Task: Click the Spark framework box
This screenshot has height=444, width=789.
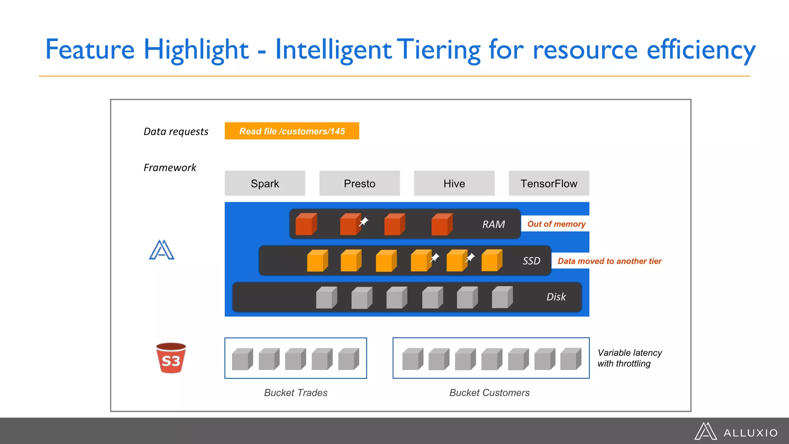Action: pyautogui.click(x=265, y=183)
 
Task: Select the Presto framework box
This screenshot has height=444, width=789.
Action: pyautogui.click(x=359, y=183)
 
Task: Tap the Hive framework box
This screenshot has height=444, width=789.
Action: pyautogui.click(x=454, y=183)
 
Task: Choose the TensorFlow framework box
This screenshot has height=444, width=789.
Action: pyautogui.click(x=549, y=183)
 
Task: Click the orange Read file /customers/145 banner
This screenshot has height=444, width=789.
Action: pyautogui.click(x=292, y=131)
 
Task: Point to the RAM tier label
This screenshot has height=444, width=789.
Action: pyautogui.click(x=494, y=224)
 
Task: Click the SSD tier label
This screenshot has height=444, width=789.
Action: pyautogui.click(x=531, y=261)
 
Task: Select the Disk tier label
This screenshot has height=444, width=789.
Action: pyautogui.click(x=556, y=297)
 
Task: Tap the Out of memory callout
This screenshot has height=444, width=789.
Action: pyautogui.click(x=556, y=224)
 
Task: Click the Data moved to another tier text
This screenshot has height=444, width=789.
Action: pyautogui.click(x=609, y=261)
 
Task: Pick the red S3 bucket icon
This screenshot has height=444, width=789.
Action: pyautogui.click(x=171, y=358)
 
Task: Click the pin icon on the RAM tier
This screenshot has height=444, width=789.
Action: pyautogui.click(x=364, y=222)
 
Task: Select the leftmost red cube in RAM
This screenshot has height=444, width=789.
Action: pyautogui.click(x=306, y=224)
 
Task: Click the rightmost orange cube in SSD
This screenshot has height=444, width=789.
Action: pyautogui.click(x=492, y=261)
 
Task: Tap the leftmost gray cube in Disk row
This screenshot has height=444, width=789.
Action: pyautogui.click(x=326, y=298)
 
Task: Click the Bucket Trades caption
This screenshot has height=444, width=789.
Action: pyautogui.click(x=295, y=393)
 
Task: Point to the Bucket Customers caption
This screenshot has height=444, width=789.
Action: pyautogui.click(x=489, y=393)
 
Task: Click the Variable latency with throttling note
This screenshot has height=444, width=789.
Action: pyautogui.click(x=629, y=358)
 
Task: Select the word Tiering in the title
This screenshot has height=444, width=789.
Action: pyautogui.click(x=438, y=50)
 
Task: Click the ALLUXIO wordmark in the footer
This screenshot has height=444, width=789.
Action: pyautogui.click(x=750, y=433)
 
